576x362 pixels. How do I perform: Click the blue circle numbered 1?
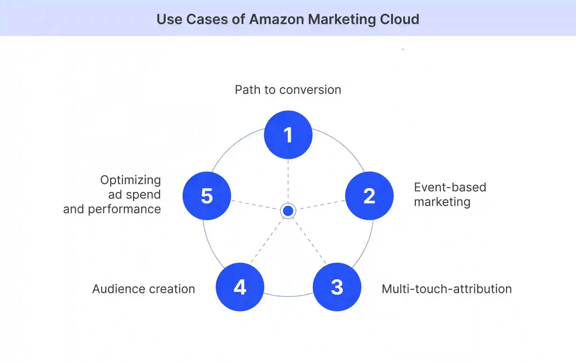pos(288,135)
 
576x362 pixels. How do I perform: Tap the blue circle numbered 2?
pos(369,196)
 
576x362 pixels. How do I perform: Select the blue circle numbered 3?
pos(337,287)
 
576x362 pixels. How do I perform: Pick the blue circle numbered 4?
pos(240,287)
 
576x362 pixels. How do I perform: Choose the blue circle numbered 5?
pos(207,196)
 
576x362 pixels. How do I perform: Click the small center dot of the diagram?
pos(288,211)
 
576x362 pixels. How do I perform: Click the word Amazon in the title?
pos(276,19)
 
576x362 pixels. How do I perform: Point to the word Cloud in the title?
pos(399,19)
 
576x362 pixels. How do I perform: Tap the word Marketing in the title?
pos(342,19)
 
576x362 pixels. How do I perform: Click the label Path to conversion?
pos(288,90)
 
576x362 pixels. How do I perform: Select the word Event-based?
pos(450,187)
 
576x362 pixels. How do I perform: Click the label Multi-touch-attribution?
pos(447,289)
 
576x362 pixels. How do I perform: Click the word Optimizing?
pos(130,180)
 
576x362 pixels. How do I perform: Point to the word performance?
pos(124,209)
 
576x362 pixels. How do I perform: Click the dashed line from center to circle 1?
pos(288,180)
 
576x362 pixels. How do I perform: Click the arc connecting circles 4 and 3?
pos(288,296)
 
